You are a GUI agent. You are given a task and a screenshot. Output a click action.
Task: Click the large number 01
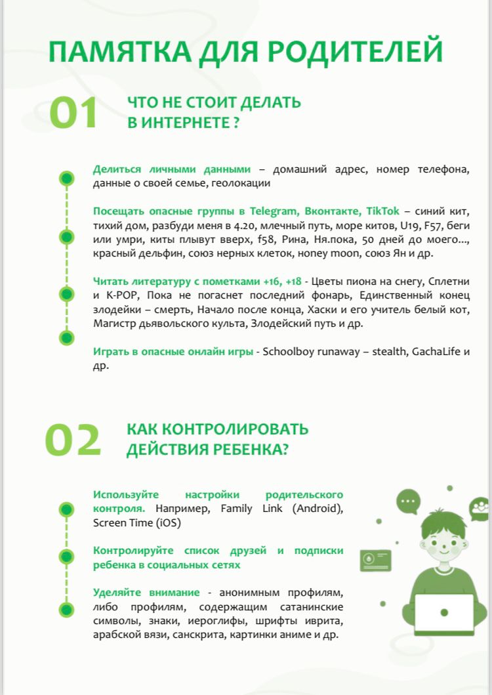(74, 113)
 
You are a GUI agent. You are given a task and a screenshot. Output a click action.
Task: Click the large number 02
(73, 440)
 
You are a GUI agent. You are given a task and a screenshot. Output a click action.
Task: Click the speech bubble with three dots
(408, 502)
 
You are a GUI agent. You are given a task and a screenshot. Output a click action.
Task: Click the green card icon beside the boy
(375, 560)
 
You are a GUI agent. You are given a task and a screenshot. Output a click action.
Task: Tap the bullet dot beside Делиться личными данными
(66, 178)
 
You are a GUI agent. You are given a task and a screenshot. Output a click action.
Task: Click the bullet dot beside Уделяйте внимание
(66, 609)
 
